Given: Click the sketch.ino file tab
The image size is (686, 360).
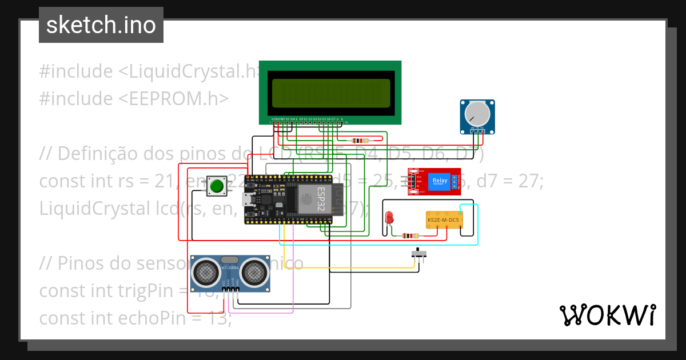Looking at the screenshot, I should point(101,25).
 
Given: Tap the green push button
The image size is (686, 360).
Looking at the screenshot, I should point(217,186).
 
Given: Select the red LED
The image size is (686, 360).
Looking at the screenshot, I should point(389,218).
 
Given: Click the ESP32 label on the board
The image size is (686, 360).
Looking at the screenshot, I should point(322,199).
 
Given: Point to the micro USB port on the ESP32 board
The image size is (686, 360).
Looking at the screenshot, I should point(248,199).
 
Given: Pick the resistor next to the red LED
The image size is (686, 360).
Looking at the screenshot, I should point(410,235).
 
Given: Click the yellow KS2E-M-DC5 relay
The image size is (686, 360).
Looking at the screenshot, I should point(444,219).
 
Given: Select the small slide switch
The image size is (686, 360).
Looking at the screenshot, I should point(420,253).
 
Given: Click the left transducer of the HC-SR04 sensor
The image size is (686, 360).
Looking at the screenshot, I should point(205,273).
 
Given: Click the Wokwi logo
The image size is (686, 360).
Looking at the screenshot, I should point(607,315).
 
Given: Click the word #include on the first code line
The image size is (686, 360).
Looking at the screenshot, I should point(76,71).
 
